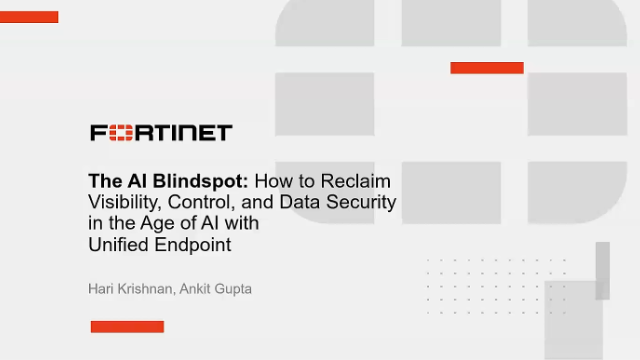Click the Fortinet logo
[x=161, y=133]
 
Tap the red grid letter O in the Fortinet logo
[x=121, y=133]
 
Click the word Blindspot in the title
[x=200, y=182]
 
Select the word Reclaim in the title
[x=356, y=181]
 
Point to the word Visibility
[x=125, y=202]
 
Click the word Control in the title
[x=199, y=202]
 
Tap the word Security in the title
[x=361, y=202]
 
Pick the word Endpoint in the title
[x=193, y=245]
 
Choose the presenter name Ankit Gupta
[x=216, y=289]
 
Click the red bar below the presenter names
[x=127, y=327]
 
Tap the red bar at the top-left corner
[x=29, y=17]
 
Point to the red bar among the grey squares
[x=487, y=68]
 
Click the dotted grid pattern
[x=496, y=287]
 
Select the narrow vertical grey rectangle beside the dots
[x=602, y=271]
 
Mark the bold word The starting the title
[x=105, y=181]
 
